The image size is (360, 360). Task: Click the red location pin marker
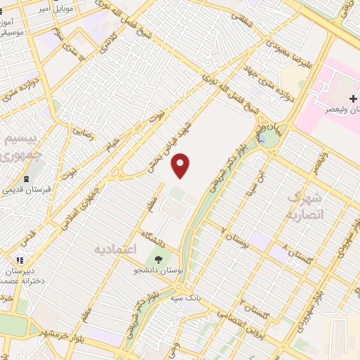[181, 165]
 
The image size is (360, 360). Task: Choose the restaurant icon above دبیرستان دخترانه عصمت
[20, 259]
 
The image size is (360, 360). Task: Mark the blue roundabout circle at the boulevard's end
[267, 139]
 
